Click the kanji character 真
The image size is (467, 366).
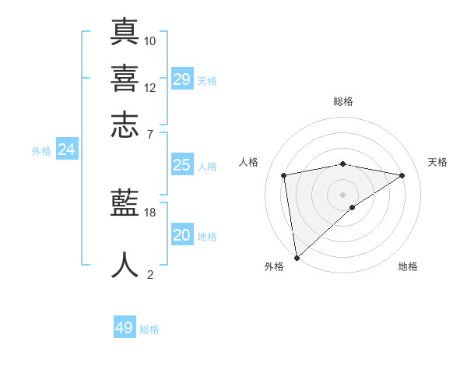tap(125, 32)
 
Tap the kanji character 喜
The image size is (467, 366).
tap(125, 78)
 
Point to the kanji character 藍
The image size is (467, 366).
tap(125, 203)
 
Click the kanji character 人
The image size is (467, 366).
tap(125, 264)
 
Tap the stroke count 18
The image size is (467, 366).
tap(150, 212)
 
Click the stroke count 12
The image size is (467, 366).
tap(150, 87)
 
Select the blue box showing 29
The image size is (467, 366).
tap(182, 79)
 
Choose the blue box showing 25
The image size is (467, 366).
tap(182, 165)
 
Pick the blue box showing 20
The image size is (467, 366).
tap(182, 235)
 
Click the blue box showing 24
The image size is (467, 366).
tap(67, 150)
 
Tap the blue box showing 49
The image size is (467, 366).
tap(125, 328)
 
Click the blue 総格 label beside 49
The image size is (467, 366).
tap(149, 329)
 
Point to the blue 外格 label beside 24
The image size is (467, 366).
tap(41, 151)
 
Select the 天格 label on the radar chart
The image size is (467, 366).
tap(437, 162)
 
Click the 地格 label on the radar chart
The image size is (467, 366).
tap(408, 266)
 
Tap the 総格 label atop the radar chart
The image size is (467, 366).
tap(343, 101)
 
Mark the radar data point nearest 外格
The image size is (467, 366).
tap(297, 257)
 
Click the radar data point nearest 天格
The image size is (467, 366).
tap(402, 175)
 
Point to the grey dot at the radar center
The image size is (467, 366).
tap(343, 194)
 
